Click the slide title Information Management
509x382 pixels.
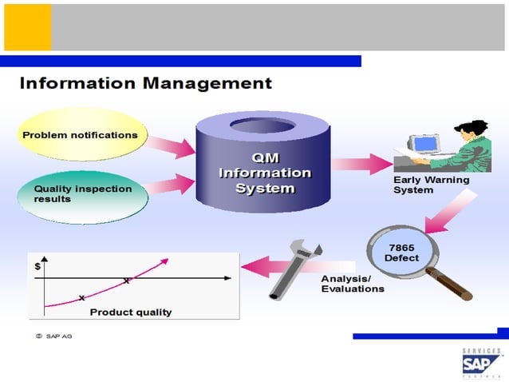[x=145, y=82]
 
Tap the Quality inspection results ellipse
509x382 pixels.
[x=82, y=193]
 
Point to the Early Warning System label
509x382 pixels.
[x=431, y=185]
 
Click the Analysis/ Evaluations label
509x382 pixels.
[x=352, y=284]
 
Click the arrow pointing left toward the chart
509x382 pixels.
[x=268, y=262]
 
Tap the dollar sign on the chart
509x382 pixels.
[x=37, y=267]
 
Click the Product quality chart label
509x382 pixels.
[x=130, y=312]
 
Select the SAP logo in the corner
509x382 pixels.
[x=482, y=364]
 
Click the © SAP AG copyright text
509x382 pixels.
[x=54, y=336]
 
